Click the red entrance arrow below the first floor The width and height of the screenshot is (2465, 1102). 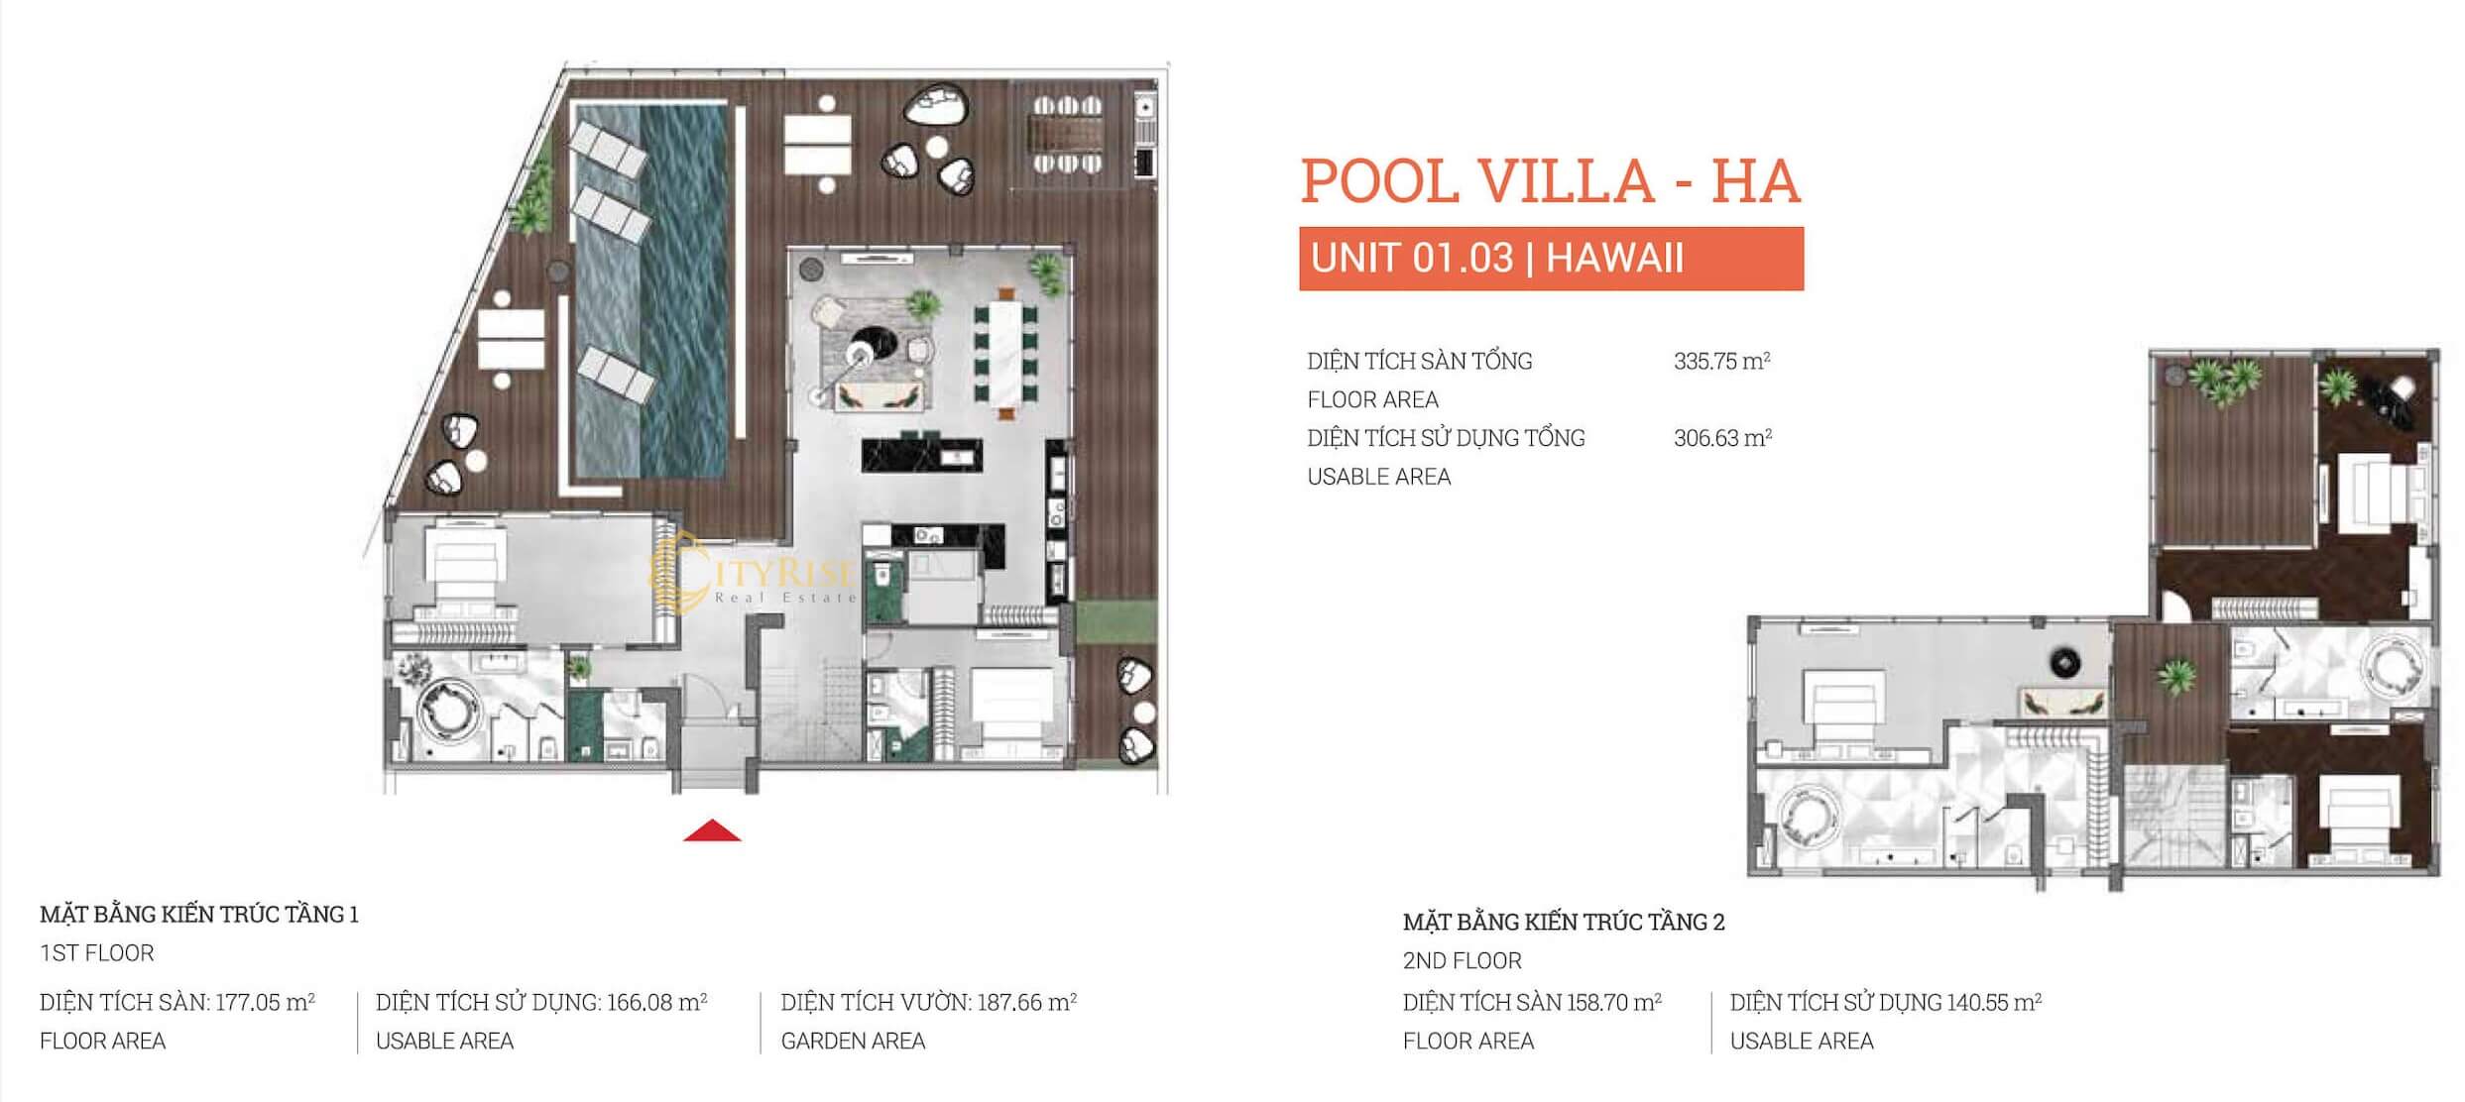[x=712, y=831]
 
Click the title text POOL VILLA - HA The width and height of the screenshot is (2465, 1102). [x=1550, y=181]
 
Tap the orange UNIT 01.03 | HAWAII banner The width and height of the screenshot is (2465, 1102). [x=1551, y=259]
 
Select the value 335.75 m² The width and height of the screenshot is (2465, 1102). [x=1722, y=361]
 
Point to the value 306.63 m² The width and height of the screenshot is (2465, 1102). [x=1722, y=437]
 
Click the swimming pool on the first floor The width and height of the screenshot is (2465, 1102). [x=657, y=290]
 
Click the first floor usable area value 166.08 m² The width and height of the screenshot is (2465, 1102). [x=656, y=1002]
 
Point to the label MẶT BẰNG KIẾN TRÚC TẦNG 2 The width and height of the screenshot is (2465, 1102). [x=1564, y=922]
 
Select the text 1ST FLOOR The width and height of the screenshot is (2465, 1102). [x=97, y=953]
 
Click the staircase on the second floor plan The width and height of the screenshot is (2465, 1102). [x=2172, y=823]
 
